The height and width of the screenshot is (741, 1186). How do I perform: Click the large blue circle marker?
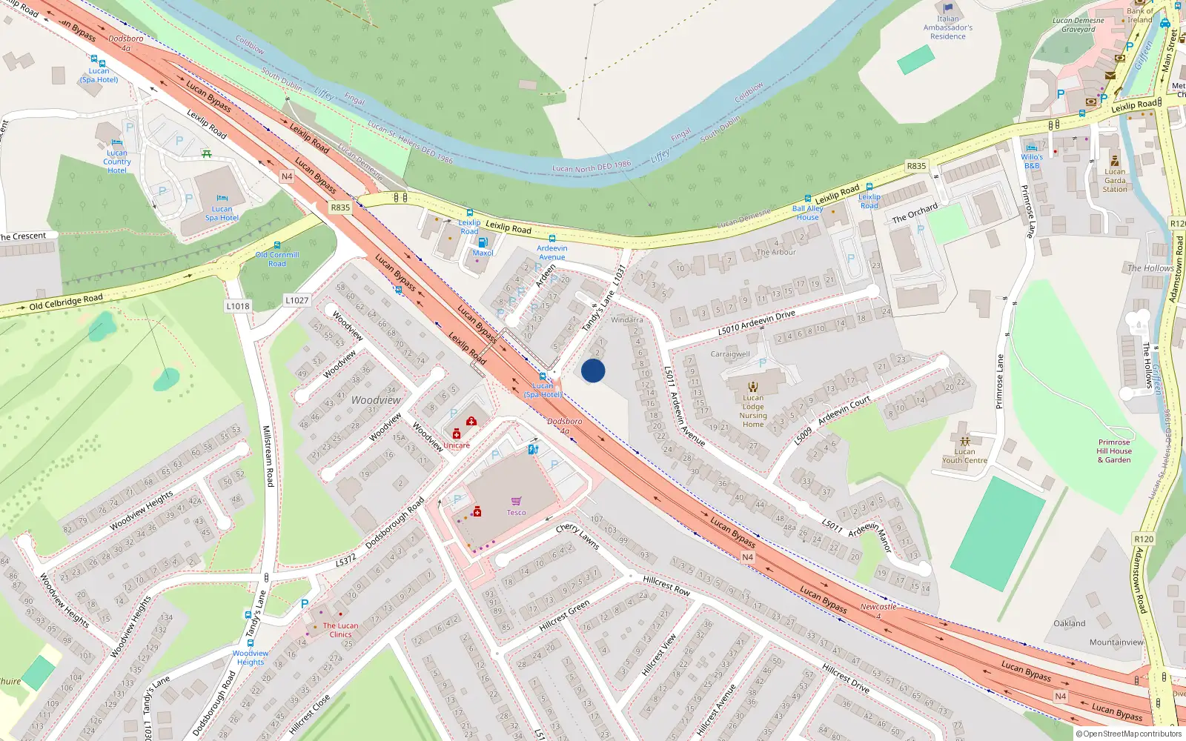pos(593,370)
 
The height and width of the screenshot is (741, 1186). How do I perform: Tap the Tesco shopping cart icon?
pos(516,501)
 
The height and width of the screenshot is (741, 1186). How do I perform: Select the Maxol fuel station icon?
pos(483,242)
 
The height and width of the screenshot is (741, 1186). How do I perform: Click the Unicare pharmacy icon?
pos(457,434)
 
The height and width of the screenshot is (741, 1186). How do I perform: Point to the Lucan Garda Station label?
pos(1115,180)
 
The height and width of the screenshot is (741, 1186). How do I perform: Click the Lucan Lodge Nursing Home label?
pos(753,411)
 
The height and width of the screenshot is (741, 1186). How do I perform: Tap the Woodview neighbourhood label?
pos(376,400)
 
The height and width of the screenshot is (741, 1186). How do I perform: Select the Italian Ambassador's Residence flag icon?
pos(948,9)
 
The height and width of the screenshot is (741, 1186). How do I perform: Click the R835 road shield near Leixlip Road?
pos(340,207)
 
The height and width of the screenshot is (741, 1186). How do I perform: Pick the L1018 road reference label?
pos(238,306)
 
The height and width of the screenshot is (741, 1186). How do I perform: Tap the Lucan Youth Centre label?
pos(964,456)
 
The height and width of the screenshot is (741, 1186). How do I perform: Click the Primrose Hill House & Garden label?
pos(1114,451)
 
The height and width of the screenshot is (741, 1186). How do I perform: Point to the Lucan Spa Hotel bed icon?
pos(222,199)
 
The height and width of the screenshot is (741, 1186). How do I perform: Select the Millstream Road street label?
pos(268,456)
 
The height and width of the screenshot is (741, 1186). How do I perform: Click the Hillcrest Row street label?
pos(666,585)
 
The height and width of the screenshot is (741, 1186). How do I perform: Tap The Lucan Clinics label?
pos(340,630)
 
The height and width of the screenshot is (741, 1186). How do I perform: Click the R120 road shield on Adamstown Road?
pos(1144,539)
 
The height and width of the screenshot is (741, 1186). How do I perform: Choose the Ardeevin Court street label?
pos(844,411)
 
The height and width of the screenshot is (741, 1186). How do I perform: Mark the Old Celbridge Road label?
pos(66,302)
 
